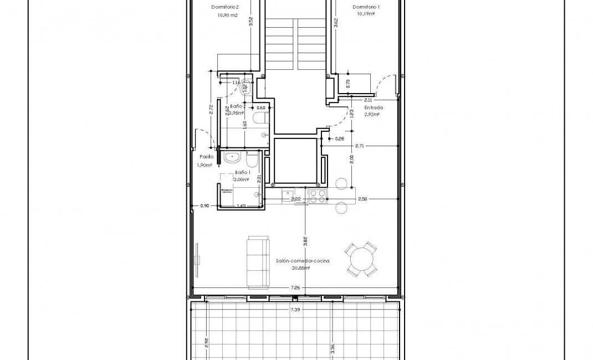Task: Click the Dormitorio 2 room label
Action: click(225, 7)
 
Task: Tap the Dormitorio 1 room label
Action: click(366, 7)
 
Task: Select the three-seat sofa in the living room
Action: click(258, 262)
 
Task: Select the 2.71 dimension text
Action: click(359, 146)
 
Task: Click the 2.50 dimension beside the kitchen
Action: click(362, 199)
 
